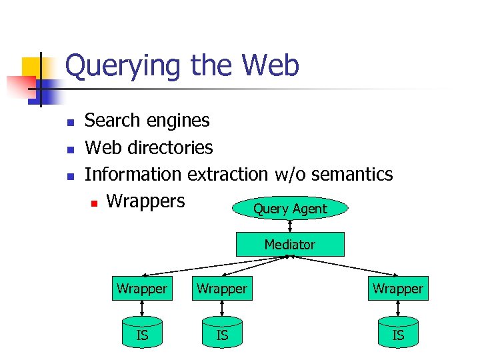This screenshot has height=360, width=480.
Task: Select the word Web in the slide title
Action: click(271, 65)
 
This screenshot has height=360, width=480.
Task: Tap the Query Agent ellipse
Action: click(290, 209)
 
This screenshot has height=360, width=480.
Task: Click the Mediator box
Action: click(290, 245)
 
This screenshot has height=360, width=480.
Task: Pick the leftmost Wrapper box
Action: click(142, 289)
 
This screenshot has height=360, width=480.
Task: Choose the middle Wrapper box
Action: click(222, 289)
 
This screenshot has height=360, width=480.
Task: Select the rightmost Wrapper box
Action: click(398, 289)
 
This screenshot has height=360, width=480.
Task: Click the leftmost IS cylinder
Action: click(142, 334)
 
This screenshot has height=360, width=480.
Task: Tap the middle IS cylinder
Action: click(222, 334)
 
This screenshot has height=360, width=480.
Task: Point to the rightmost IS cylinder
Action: click(398, 334)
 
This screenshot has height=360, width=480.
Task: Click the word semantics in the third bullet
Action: click(352, 175)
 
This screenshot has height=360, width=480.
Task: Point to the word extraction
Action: click(227, 175)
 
